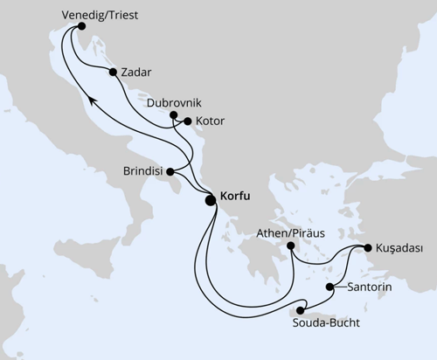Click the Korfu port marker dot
coord(211,199)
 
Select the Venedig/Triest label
coord(101,16)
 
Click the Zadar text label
coord(138,73)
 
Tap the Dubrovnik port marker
coord(174,114)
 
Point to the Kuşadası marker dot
coord(367,247)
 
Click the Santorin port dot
coord(329,287)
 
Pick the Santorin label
coord(368,287)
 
